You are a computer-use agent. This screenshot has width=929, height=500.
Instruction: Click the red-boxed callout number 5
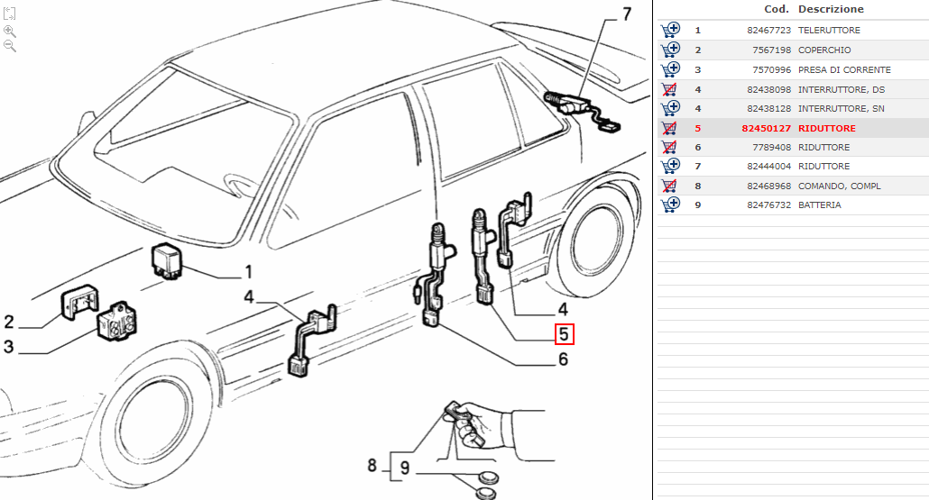tap(564, 334)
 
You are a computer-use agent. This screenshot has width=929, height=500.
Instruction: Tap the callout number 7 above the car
tap(627, 14)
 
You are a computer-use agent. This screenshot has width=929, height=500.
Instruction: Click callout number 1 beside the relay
tap(248, 271)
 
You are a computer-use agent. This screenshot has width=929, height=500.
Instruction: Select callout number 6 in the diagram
tap(563, 359)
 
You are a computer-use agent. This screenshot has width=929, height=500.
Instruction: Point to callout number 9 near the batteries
tap(405, 468)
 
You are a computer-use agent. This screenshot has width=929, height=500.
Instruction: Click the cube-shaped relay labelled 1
tap(167, 261)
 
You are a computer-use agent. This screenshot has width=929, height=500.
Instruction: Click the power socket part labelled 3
tap(117, 322)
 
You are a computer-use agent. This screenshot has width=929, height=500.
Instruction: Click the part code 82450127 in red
tap(766, 128)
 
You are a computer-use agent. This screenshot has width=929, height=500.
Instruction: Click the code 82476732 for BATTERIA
tap(769, 205)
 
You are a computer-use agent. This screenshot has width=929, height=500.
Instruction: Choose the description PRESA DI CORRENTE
tap(844, 70)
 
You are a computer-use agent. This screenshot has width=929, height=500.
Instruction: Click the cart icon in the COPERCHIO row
tap(670, 50)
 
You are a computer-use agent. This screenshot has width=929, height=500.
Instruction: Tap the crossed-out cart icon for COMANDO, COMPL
tap(669, 186)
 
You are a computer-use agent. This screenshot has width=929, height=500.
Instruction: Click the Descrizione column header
tap(831, 9)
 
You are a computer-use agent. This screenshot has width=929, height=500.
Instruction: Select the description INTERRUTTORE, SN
tap(842, 109)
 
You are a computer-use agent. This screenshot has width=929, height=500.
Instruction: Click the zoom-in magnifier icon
tap(10, 31)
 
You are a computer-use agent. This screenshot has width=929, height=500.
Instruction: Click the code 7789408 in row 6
tap(771, 148)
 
